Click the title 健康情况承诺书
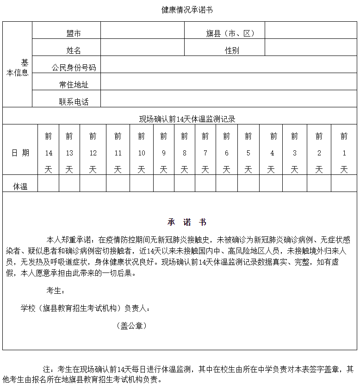pyautogui.click(x=187, y=10)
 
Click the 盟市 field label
pyautogui.click(x=74, y=33)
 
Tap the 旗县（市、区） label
pyautogui.click(x=230, y=33)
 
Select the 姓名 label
pyautogui.click(x=74, y=50)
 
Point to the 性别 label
pyautogui.click(x=232, y=50)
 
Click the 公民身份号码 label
pyautogui.click(x=74, y=68)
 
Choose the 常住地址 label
pyautogui.click(x=74, y=85)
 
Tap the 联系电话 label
pyautogui.click(x=74, y=102)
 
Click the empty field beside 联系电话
pyautogui.click(x=229, y=99)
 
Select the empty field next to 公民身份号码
pyautogui.click(x=229, y=65)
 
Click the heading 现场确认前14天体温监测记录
pyautogui.click(x=187, y=119)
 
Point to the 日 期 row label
pyautogui.click(x=20, y=153)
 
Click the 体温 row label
pyautogui.click(x=20, y=186)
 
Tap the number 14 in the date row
pyautogui.click(x=49, y=153)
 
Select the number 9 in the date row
pyautogui.click(x=163, y=153)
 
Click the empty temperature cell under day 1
pyautogui.click(x=344, y=183)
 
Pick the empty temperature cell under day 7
pyautogui.click(x=205, y=183)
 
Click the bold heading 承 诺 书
pyautogui.click(x=187, y=222)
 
